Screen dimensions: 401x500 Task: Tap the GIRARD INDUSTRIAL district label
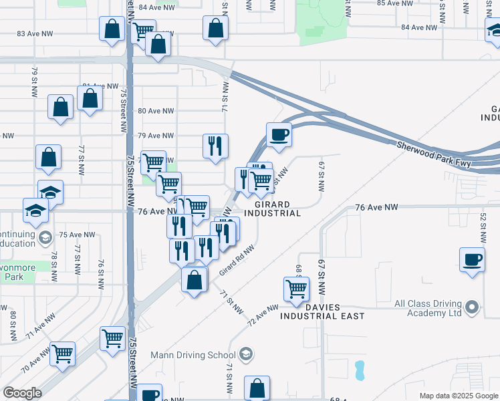271,208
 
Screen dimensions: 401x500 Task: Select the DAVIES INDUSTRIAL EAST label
322,310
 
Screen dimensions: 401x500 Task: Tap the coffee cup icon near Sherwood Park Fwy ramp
279,135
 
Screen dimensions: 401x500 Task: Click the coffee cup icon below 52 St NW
472,259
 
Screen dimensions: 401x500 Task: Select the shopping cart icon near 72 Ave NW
297,289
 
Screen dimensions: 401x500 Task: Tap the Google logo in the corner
21,393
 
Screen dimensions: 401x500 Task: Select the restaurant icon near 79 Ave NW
215,146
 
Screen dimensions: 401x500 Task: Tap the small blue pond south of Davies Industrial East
360,368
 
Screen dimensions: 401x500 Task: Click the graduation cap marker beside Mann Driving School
245,354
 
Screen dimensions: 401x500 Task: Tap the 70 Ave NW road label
35,361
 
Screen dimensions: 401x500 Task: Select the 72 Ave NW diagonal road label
262,316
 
